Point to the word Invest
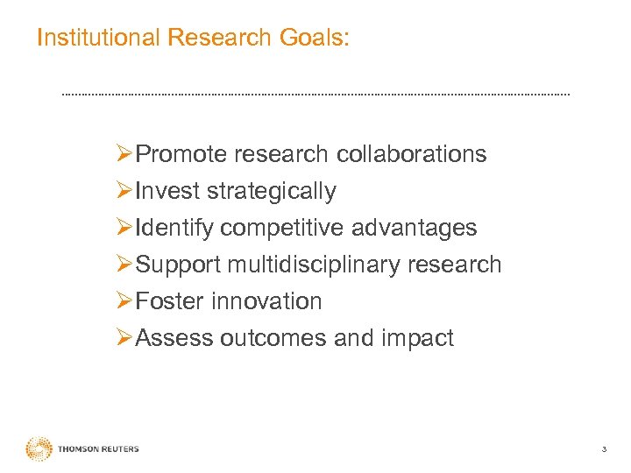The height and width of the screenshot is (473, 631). (x=167, y=191)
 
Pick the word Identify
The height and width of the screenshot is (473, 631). (x=175, y=229)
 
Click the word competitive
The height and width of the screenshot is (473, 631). (x=282, y=229)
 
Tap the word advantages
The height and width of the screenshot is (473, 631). (x=414, y=229)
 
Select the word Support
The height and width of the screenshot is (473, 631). (x=178, y=265)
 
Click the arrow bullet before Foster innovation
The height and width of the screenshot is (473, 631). (x=124, y=301)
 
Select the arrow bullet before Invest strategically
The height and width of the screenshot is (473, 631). (x=124, y=191)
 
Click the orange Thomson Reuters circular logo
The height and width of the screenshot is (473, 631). (x=39, y=448)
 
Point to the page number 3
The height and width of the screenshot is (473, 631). (x=604, y=449)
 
